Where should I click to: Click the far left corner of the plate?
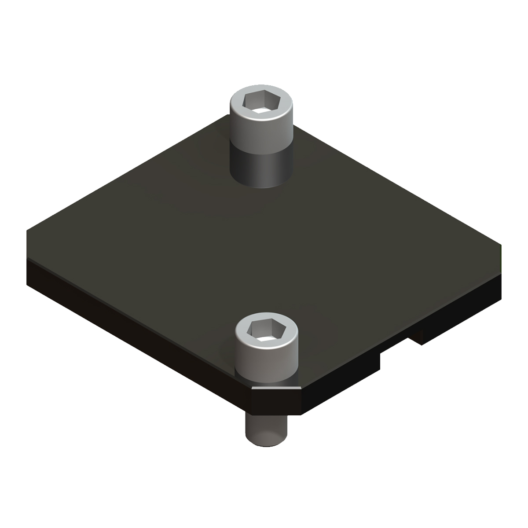[28, 231]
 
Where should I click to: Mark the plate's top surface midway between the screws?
[264, 246]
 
